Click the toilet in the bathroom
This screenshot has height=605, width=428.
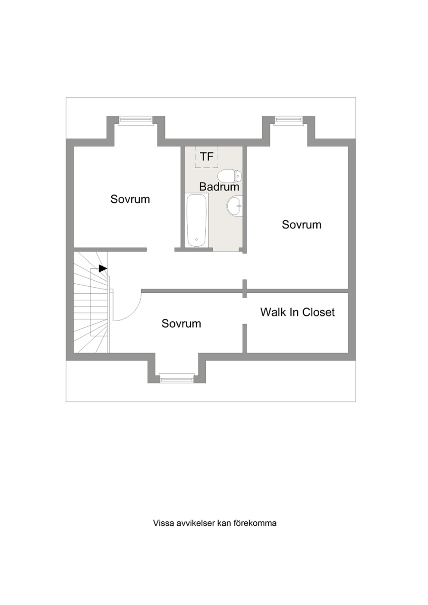[x=230, y=176]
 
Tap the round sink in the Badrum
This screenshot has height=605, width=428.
[x=234, y=206]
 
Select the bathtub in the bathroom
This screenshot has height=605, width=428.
[x=197, y=219]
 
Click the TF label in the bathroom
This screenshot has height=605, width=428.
[x=207, y=157]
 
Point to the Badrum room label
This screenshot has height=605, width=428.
[x=219, y=187]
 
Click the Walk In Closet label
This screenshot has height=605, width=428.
[x=298, y=312]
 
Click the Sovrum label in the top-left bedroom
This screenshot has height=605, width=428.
[x=130, y=199]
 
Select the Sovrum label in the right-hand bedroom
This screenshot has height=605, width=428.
[x=302, y=224]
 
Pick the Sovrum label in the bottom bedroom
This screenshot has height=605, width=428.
[x=181, y=323]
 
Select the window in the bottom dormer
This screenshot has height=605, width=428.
[x=177, y=378]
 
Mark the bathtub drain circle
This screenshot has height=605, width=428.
[x=197, y=239]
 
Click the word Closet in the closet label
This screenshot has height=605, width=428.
[x=318, y=312]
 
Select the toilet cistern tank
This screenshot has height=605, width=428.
[x=239, y=176]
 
